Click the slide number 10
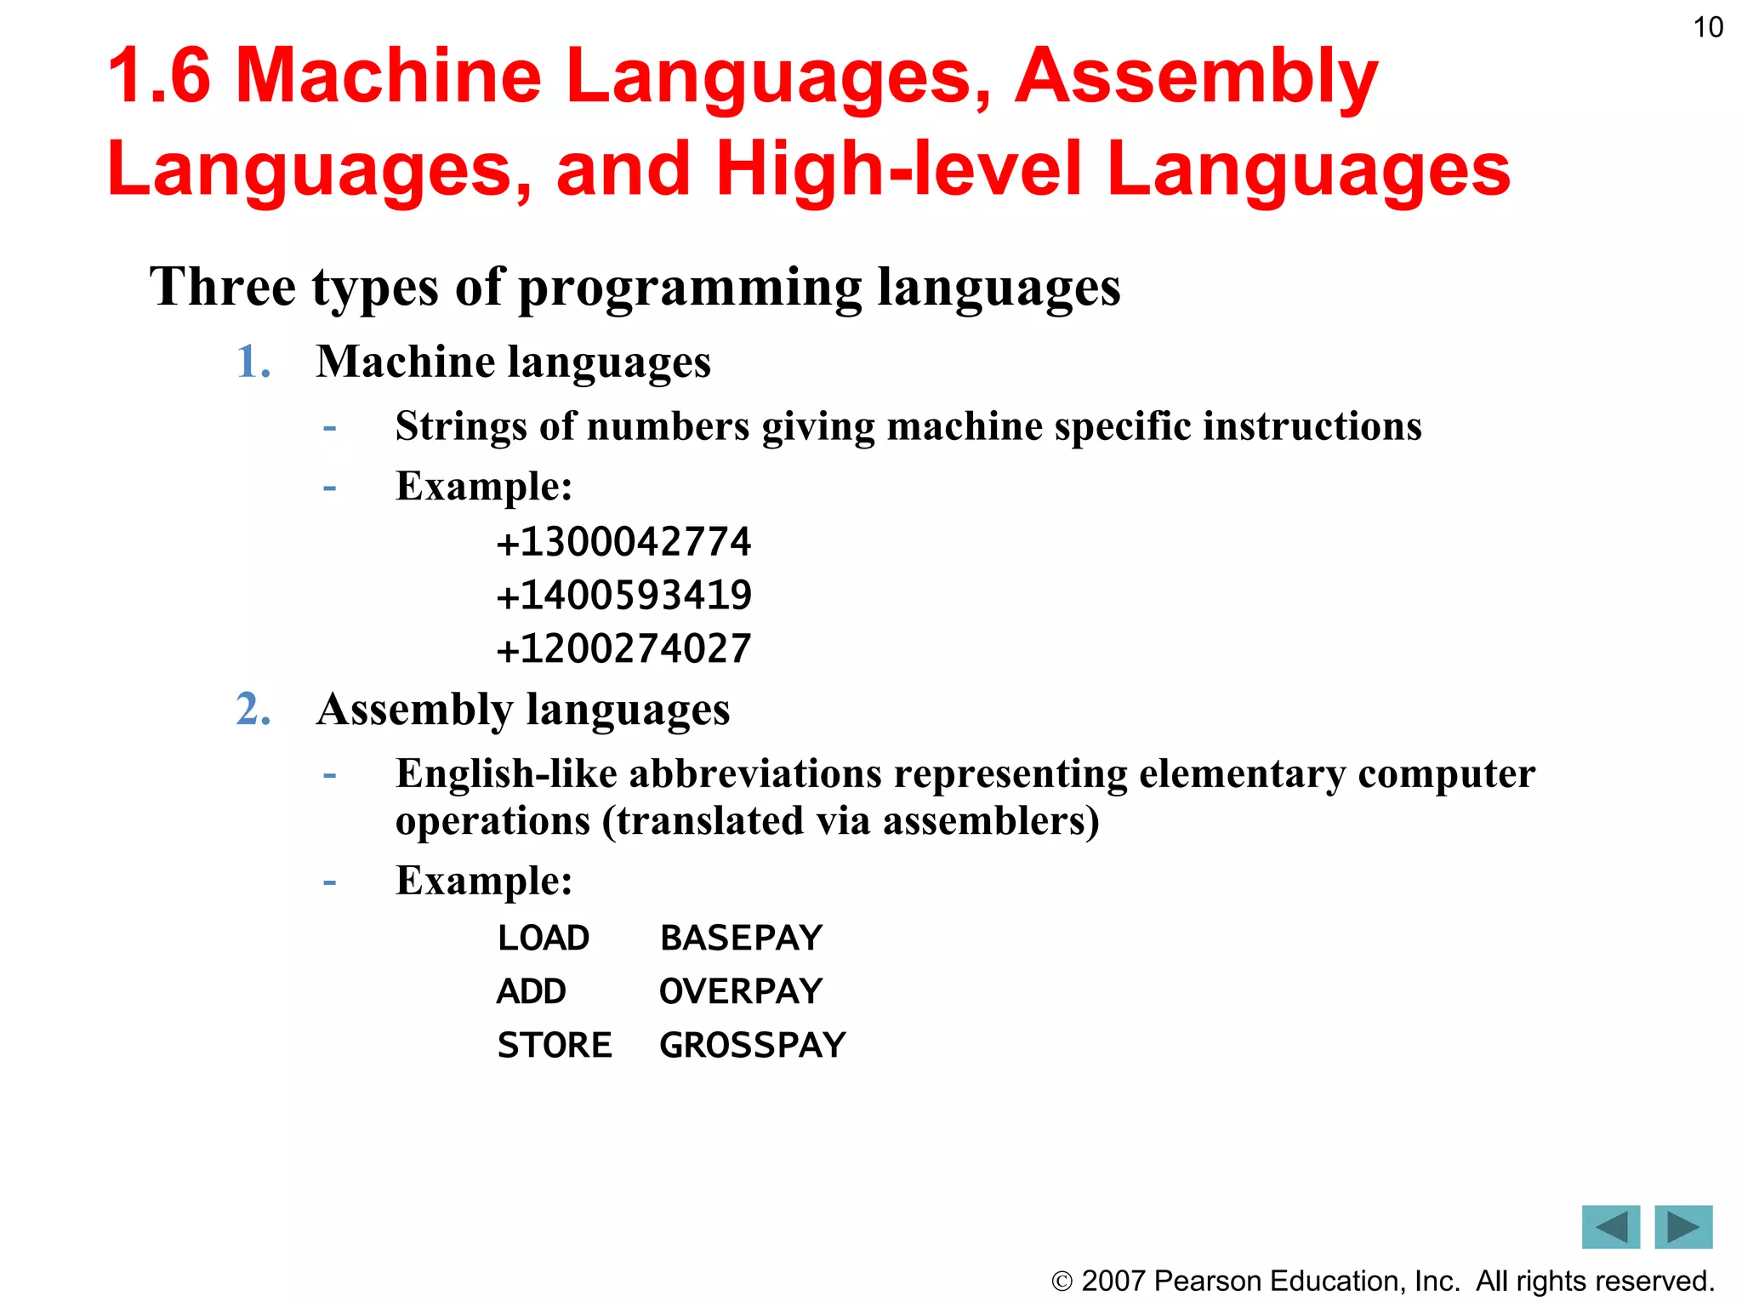click(1707, 27)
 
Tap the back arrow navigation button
click(1610, 1226)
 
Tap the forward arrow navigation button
click(1683, 1226)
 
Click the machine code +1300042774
click(623, 542)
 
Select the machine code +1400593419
click(623, 595)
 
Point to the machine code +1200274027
click(623, 648)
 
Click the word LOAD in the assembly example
click(544, 938)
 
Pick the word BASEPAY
click(741, 938)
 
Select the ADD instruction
click(532, 991)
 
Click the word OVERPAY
click(741, 991)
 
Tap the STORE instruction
click(555, 1045)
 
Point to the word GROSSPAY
click(753, 1045)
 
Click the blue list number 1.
click(253, 362)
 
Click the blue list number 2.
click(253, 709)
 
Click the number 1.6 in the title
click(159, 76)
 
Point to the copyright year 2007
click(1113, 1281)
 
